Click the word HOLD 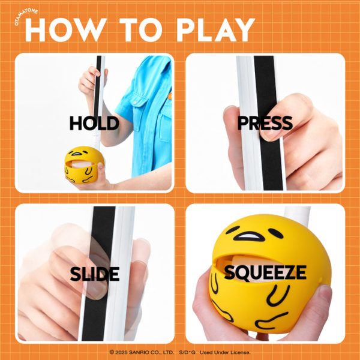94,123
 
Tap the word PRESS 265,123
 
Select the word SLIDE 95,274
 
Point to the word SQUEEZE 265,272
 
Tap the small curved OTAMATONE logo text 25,16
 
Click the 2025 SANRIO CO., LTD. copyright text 142,352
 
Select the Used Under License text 225,352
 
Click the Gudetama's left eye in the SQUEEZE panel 232,230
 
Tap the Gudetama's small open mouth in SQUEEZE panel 249,236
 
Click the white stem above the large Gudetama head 298,212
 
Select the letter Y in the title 244,30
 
